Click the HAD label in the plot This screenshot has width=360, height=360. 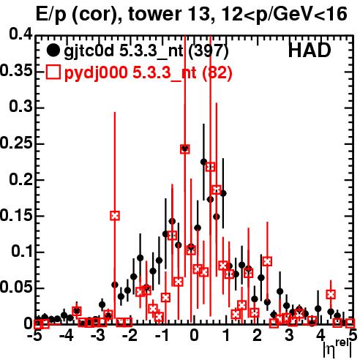pos(310,50)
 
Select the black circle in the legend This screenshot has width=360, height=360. pos(53,50)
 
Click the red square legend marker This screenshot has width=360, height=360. pos(53,72)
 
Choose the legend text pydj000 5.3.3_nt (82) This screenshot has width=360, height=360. pos(148,73)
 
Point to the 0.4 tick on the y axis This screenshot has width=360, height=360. pos(20,35)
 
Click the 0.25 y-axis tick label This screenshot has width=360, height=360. pos(16,143)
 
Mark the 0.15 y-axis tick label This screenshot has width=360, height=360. pos(16,216)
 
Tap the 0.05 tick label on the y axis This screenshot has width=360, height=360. pos(16,288)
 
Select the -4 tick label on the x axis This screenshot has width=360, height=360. pos(67,336)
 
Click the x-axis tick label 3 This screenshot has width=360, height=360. pos(289,336)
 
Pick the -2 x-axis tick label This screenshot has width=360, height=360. pos(130,336)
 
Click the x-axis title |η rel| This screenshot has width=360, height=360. pos(337,348)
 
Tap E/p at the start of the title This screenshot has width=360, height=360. pos(51,15)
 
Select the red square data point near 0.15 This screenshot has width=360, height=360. pos(115,216)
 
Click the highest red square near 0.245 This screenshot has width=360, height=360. pos(185,149)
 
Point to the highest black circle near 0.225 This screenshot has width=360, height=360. pos(203,162)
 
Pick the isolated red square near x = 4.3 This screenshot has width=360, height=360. pos(331,294)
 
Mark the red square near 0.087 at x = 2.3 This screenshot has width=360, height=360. pos(267,261)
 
